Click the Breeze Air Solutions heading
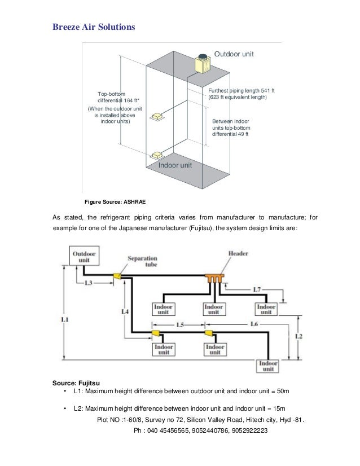tap(94, 27)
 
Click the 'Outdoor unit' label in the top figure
tap(234, 54)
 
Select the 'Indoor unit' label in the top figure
tap(175, 166)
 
